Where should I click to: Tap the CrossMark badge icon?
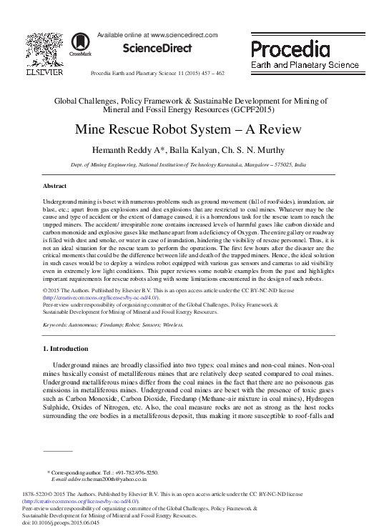[x=74, y=42]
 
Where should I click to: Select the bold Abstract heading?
[x=56, y=184]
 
